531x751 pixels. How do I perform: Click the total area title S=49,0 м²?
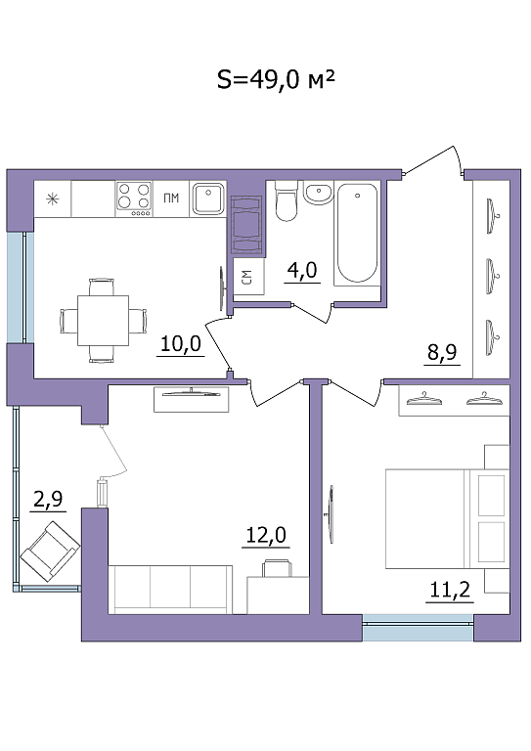tap(276, 79)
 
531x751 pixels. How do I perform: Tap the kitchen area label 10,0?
tap(181, 344)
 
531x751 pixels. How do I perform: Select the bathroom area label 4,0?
tap(301, 271)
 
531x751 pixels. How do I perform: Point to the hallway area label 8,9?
tap(442, 352)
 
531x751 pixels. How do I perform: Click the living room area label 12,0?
tap(266, 535)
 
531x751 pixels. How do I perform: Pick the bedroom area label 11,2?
tap(450, 590)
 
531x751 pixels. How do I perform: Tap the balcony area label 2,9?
tap(48, 499)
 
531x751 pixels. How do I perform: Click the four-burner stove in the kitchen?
tap(134, 199)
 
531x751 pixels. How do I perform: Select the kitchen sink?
tap(208, 199)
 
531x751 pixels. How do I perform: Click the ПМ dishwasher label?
tap(171, 198)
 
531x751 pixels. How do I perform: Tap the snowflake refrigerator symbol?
tap(52, 199)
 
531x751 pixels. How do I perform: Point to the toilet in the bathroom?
tap(287, 201)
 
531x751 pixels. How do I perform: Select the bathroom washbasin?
tap(318, 193)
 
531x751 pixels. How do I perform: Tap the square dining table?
tap(104, 321)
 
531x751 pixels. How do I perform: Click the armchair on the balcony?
tap(50, 551)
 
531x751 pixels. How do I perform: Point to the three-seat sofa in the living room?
tap(170, 589)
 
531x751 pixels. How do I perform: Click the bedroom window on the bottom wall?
tap(418, 628)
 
